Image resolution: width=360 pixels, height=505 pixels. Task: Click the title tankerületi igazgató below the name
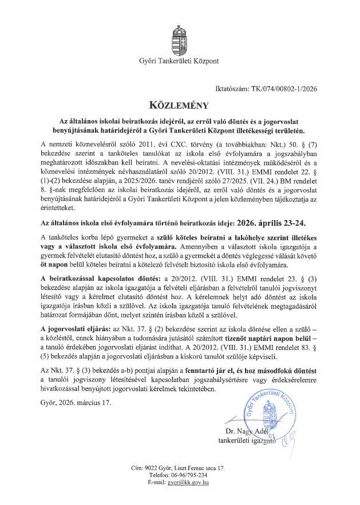tap(247, 440)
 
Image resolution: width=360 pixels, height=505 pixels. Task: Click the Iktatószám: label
tap(226, 89)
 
